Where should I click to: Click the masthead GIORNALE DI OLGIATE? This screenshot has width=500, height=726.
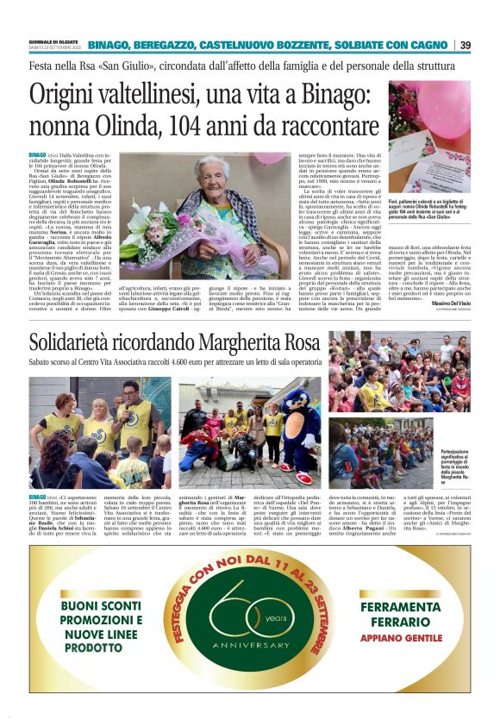coord(52,41)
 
